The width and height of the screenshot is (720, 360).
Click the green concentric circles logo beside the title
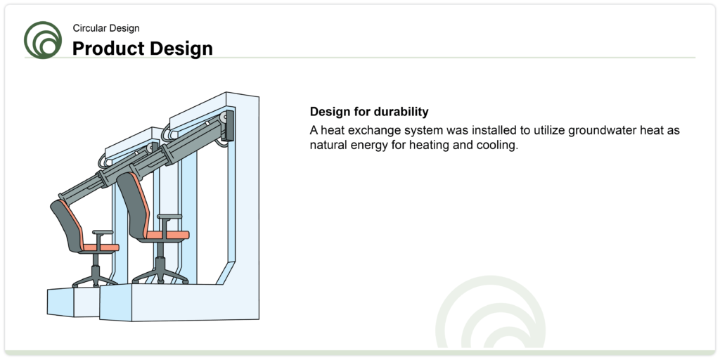(x=43, y=40)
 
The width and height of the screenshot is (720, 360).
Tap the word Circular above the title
(x=89, y=28)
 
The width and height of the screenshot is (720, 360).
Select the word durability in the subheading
(x=401, y=112)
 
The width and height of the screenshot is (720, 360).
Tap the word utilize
(x=549, y=130)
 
